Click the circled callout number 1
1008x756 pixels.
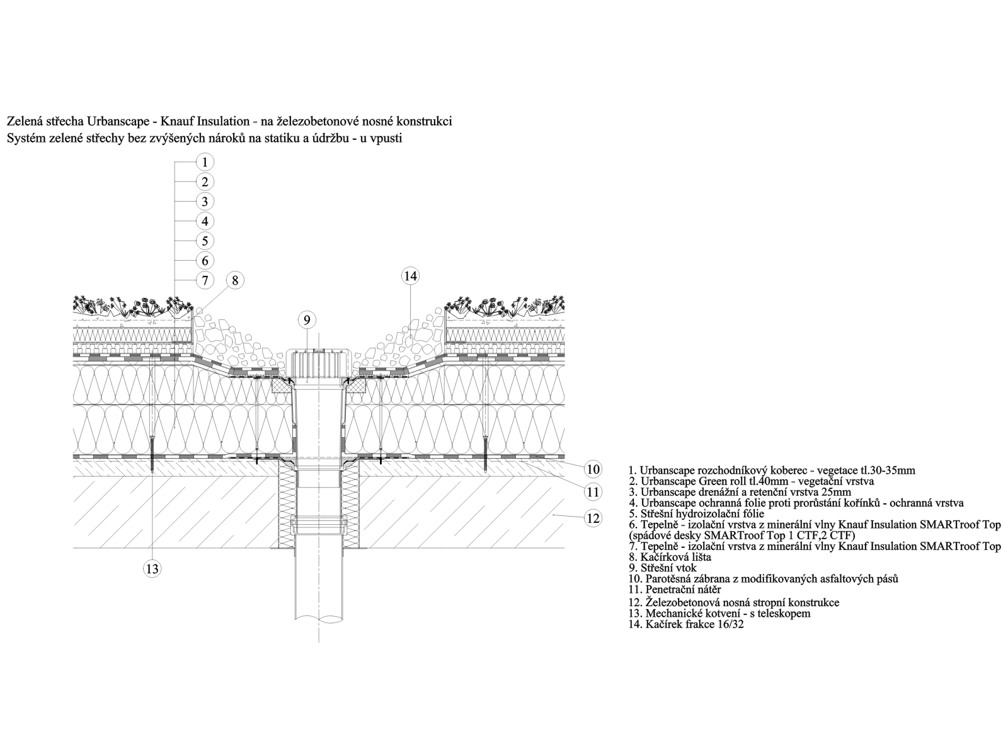pos(205,161)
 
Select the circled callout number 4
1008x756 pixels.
pos(205,221)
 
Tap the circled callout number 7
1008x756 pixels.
pos(205,280)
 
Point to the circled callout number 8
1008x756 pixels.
pos(235,280)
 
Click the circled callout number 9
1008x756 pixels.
pos(307,320)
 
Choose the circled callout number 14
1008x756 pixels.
pos(410,276)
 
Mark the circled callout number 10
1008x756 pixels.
pos(593,469)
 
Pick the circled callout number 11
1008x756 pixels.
pos(593,492)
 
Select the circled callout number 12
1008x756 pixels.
pos(593,518)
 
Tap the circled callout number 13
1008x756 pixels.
pos(152,569)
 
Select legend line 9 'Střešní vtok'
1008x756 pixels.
pos(663,568)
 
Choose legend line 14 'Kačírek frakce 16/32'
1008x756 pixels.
pos(686,624)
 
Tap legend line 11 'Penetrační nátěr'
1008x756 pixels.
pos(675,590)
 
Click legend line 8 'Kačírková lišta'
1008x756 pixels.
pos(670,558)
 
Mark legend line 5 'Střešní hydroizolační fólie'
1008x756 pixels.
pos(697,513)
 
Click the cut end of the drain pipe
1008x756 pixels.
pos(319,618)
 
